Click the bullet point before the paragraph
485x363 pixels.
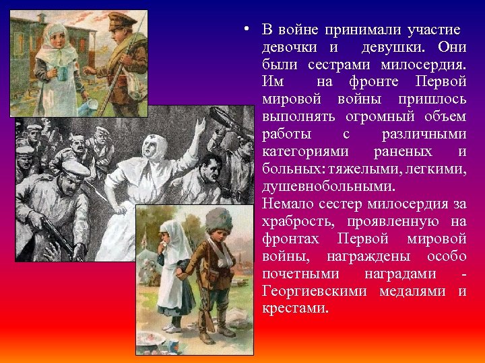pos(248,29)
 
